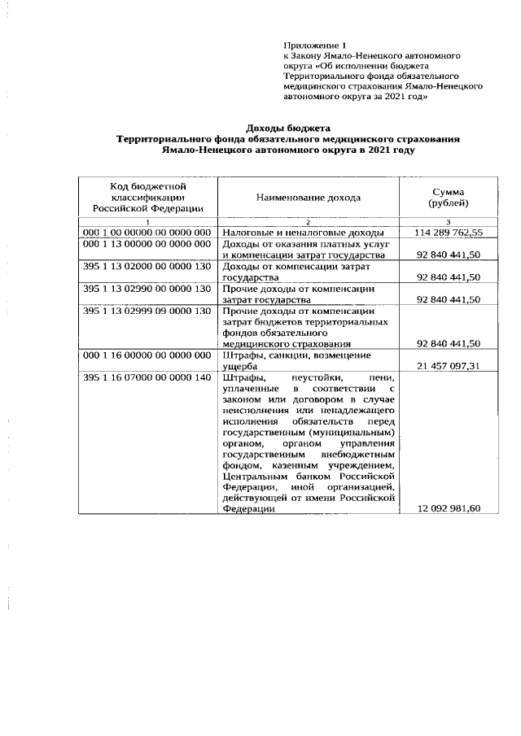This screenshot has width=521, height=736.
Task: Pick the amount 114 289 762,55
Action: tap(449, 233)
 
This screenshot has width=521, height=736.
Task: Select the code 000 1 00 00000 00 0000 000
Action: tap(147, 233)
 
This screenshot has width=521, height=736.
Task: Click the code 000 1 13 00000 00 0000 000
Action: tap(147, 244)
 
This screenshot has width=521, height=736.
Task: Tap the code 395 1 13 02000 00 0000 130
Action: tap(147, 266)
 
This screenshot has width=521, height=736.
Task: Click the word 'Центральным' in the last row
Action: tap(252, 475)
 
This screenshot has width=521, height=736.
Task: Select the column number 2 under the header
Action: tap(309, 222)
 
